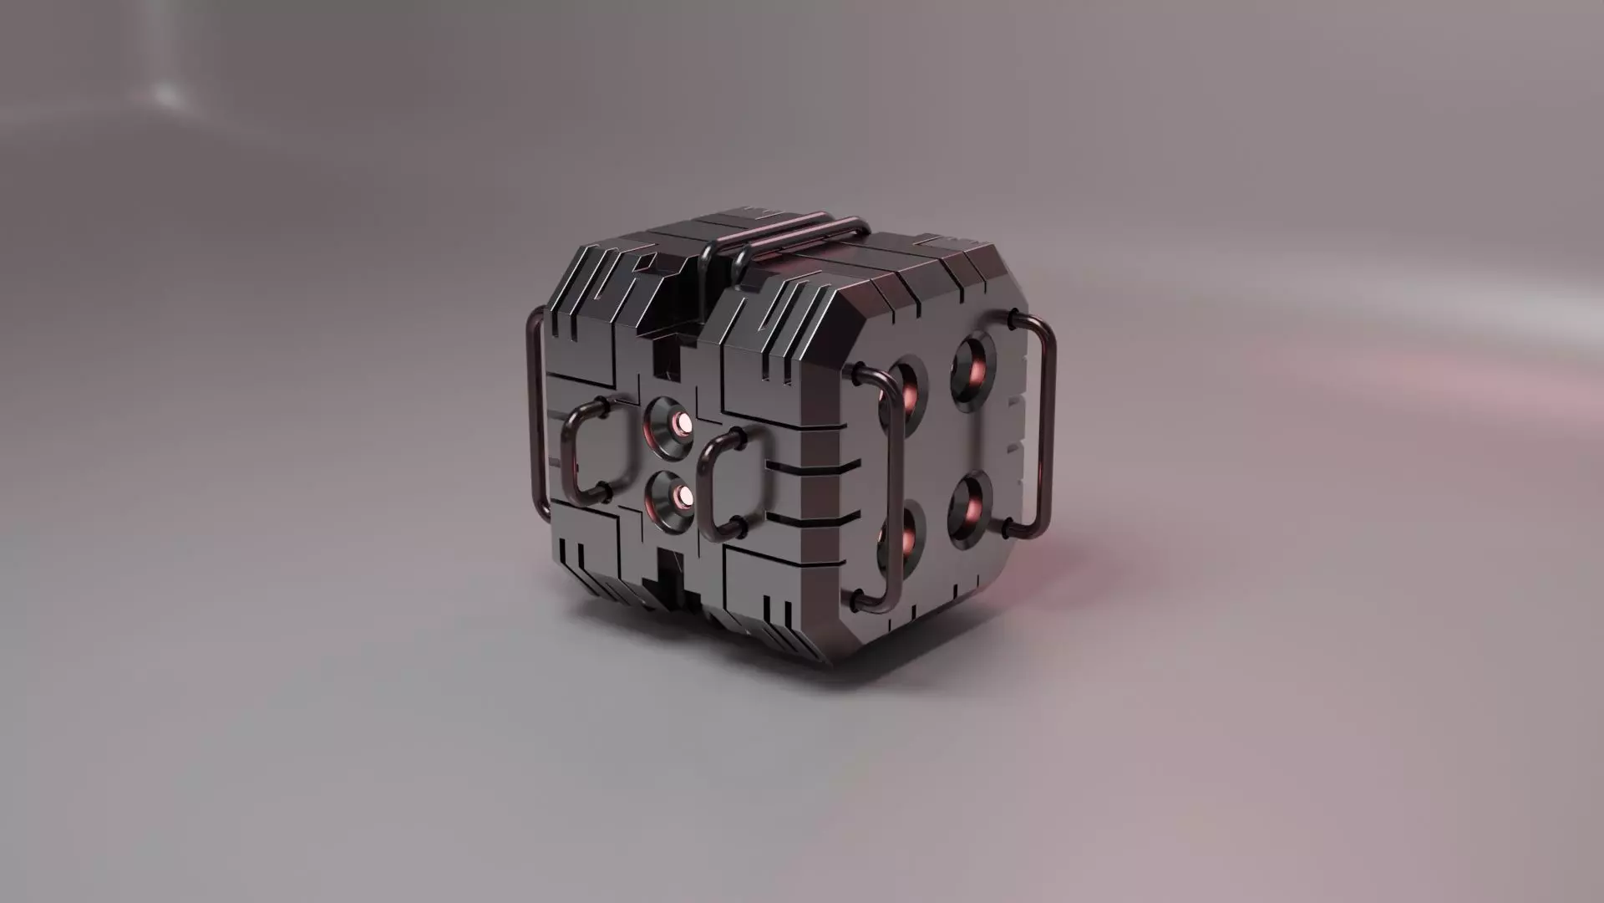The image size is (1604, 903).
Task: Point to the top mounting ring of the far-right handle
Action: click(1013, 319)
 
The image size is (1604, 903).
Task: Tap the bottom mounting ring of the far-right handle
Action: click(1007, 528)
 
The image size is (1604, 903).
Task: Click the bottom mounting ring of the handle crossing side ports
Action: click(857, 597)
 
